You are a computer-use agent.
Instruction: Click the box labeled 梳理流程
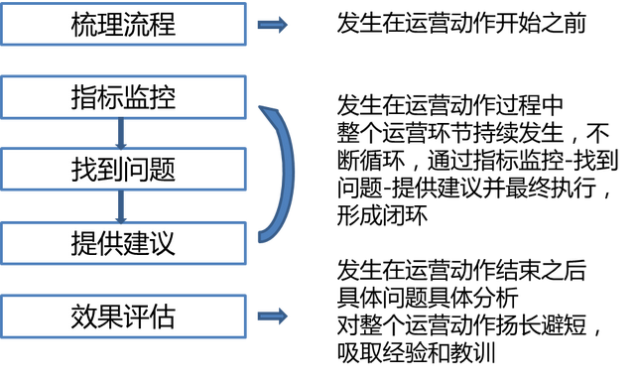tap(124, 24)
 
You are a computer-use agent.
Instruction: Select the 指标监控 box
tap(124, 97)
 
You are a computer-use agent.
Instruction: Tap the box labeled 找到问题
tap(124, 170)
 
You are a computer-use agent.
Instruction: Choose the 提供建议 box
tap(124, 243)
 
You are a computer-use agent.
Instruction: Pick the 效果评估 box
tap(124, 317)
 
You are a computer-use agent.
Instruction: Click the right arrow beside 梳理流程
tap(273, 25)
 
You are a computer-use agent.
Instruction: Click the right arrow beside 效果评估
tap(273, 317)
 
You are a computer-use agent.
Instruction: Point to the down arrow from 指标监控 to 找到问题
tap(121, 134)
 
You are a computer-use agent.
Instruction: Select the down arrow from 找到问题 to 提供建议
tap(121, 206)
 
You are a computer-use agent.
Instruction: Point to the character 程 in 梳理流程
tap(163, 24)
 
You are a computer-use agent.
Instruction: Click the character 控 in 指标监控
tap(163, 97)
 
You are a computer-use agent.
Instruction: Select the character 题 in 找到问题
tap(163, 170)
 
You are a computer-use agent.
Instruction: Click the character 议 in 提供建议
tap(163, 243)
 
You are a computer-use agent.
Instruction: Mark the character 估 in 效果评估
tap(163, 317)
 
